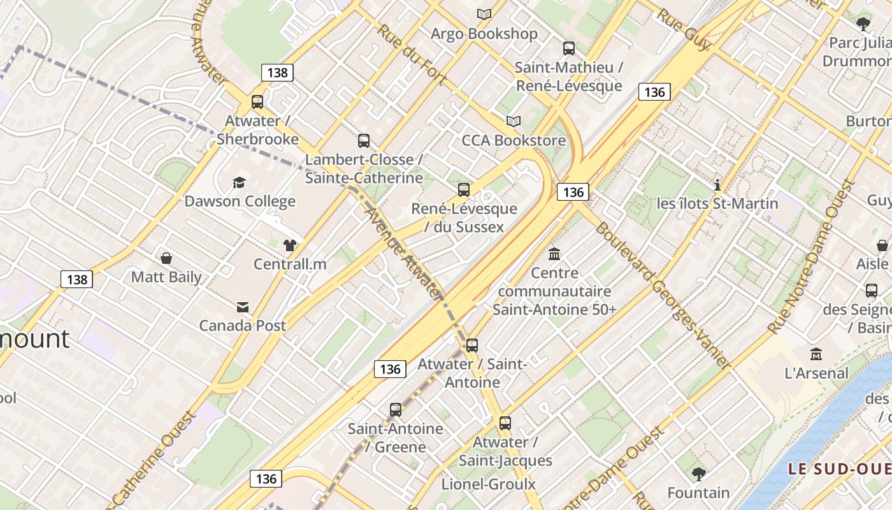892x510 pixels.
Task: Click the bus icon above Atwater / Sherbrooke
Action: coord(257,101)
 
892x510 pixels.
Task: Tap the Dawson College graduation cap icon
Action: coord(239,183)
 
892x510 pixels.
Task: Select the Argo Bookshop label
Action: coord(484,34)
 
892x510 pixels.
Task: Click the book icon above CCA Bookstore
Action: coord(513,121)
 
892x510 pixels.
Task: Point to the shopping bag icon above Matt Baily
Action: coord(166,258)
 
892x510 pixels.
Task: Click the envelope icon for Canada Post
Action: coord(243,307)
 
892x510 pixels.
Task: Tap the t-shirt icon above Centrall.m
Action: coord(290,245)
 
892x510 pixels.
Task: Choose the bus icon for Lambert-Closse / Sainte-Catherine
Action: coord(364,141)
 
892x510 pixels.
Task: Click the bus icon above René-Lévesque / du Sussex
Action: coord(464,189)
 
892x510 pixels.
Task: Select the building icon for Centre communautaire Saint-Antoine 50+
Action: coord(554,254)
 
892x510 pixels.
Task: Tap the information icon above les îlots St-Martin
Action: coord(717,185)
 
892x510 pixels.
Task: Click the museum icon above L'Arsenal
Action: coord(816,354)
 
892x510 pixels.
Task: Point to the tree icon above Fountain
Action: coord(699,474)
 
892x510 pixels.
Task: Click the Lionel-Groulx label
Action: coord(489,484)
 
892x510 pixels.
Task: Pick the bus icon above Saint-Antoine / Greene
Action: coord(396,410)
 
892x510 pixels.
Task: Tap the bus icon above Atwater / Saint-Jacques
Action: coord(505,423)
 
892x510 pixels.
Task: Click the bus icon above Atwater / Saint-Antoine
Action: coord(472,346)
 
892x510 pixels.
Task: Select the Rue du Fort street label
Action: coord(412,54)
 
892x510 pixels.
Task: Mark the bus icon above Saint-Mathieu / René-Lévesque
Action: coord(569,48)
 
